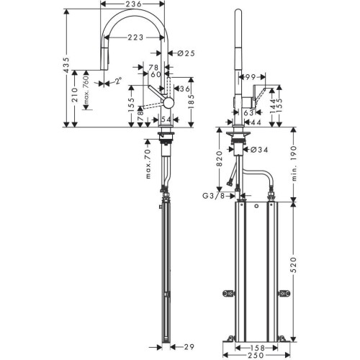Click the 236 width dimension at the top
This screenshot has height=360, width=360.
(x=132, y=4)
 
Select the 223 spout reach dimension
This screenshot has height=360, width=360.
(x=135, y=37)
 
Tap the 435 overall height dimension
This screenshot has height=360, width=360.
(x=67, y=65)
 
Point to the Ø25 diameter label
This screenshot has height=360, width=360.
(x=186, y=53)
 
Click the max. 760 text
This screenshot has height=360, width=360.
(x=86, y=91)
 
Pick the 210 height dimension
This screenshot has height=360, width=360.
(x=75, y=95)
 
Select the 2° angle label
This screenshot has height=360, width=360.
(x=118, y=81)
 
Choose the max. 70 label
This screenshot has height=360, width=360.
(x=148, y=163)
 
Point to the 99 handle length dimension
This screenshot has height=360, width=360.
(x=250, y=77)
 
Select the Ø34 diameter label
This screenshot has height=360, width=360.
(x=258, y=150)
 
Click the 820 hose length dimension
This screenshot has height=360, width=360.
(x=220, y=159)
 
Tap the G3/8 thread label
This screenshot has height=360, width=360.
(x=214, y=196)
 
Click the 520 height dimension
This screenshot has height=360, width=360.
(x=294, y=265)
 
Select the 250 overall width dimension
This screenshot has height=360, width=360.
(x=256, y=355)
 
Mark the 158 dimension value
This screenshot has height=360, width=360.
(x=256, y=348)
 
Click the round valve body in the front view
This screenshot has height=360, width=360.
(x=168, y=102)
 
